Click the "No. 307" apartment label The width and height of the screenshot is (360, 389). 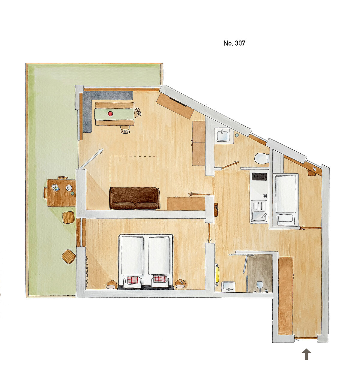pyautogui.click(x=234, y=43)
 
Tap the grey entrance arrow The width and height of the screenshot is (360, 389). pyautogui.click(x=306, y=354)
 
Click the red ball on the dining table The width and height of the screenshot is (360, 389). pyautogui.click(x=110, y=113)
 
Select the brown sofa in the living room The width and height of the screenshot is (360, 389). pyautogui.click(x=135, y=198)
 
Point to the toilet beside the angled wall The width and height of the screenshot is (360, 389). pyautogui.click(x=262, y=158)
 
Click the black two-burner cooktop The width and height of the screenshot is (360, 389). pyautogui.click(x=259, y=176)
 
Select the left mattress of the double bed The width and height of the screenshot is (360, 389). pyautogui.click(x=132, y=255)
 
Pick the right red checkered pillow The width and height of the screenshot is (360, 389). pyautogui.click(x=160, y=279)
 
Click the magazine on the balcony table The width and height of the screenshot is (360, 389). pyautogui.click(x=55, y=187)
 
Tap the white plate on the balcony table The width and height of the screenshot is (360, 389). pyautogui.click(x=69, y=188)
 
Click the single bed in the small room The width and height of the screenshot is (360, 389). pyautogui.click(x=286, y=200)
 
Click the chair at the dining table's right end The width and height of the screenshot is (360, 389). pyautogui.click(x=138, y=113)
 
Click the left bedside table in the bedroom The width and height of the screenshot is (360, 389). pyautogui.click(x=112, y=285)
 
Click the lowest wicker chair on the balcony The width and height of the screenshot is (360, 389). pyautogui.click(x=69, y=256)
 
